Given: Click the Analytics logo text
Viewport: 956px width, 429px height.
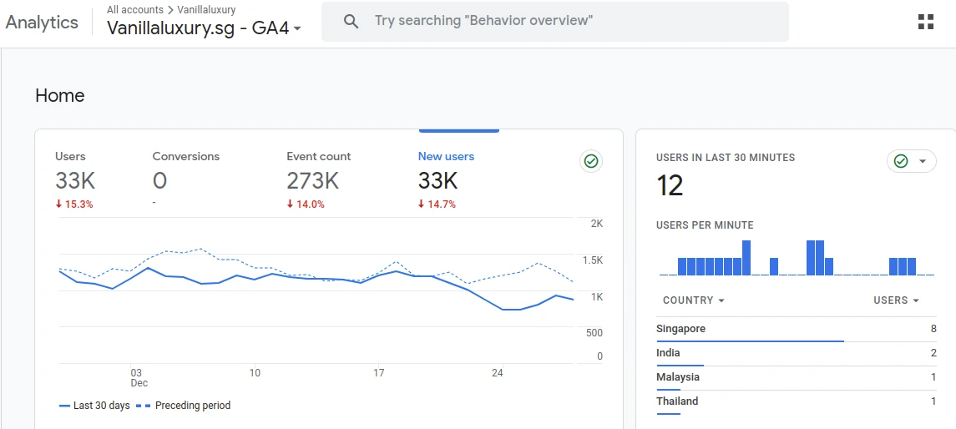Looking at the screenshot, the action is coord(42,23).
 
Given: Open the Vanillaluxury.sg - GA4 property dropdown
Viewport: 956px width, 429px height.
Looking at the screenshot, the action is coord(204,28).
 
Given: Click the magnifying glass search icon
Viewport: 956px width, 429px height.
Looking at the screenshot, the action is coord(351,22).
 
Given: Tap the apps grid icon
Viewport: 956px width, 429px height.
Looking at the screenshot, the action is coord(925,22).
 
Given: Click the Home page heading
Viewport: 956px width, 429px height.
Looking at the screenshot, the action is coord(60,96).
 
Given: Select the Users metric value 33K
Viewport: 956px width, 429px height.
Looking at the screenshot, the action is coord(75,181).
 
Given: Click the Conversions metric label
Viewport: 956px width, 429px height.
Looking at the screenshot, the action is coord(186,157).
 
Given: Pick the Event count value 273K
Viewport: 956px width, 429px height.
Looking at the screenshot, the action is coord(313,181).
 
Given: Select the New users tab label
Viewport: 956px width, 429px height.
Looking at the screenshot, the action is coord(446,157).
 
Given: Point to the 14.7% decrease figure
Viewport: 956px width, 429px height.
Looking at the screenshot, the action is coord(437,204).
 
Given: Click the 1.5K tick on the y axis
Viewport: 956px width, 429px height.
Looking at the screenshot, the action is coord(593,260).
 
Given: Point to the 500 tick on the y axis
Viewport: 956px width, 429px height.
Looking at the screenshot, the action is coord(594,333).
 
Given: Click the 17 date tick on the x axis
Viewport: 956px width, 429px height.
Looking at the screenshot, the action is coord(378,373).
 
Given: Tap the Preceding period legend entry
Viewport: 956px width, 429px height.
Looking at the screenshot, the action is coord(183,406).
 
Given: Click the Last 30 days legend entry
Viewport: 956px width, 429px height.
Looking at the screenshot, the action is coord(94,406).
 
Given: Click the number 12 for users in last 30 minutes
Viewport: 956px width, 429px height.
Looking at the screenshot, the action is coord(670,185).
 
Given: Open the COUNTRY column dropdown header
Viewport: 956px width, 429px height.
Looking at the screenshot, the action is coord(693,300).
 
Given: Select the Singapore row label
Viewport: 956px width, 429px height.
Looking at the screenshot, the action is coord(680,329).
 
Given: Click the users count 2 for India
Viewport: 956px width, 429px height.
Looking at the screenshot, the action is coord(933,353).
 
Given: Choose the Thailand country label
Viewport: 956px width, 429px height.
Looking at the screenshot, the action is coord(677,401).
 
